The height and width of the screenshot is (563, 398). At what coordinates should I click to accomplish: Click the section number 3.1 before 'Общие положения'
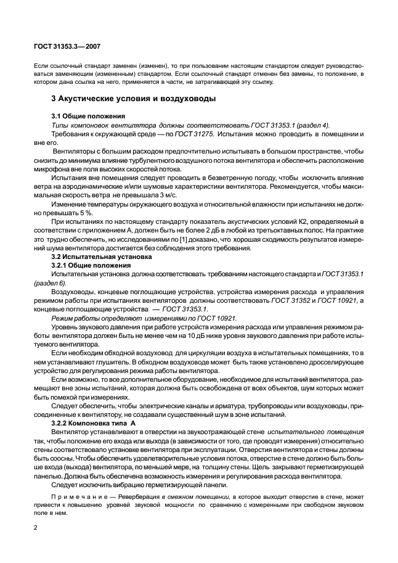click(x=57, y=115)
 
